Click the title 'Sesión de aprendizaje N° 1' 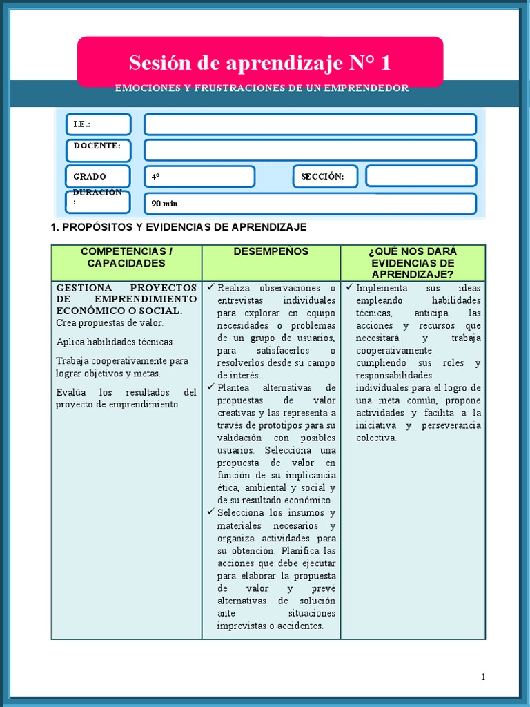pos(259,63)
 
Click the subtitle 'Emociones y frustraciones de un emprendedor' pos(262,88)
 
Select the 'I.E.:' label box pos(98,124)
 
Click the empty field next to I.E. pos(310,124)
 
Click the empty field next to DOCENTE pos(310,150)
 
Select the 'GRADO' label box pos(98,176)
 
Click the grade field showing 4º pos(199,176)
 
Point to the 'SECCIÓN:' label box pos(325,176)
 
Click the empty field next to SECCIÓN pos(420,176)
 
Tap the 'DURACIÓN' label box pos(98,201)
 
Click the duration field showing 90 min pos(310,204)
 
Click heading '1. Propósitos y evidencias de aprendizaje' pos(179,227)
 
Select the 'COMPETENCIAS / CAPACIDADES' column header pos(127,258)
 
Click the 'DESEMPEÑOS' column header pos(271,252)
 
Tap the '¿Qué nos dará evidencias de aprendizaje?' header pos(413,263)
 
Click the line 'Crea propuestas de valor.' pos(110,322)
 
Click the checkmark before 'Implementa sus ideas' pos(350,287)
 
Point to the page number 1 pos(483,677)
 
